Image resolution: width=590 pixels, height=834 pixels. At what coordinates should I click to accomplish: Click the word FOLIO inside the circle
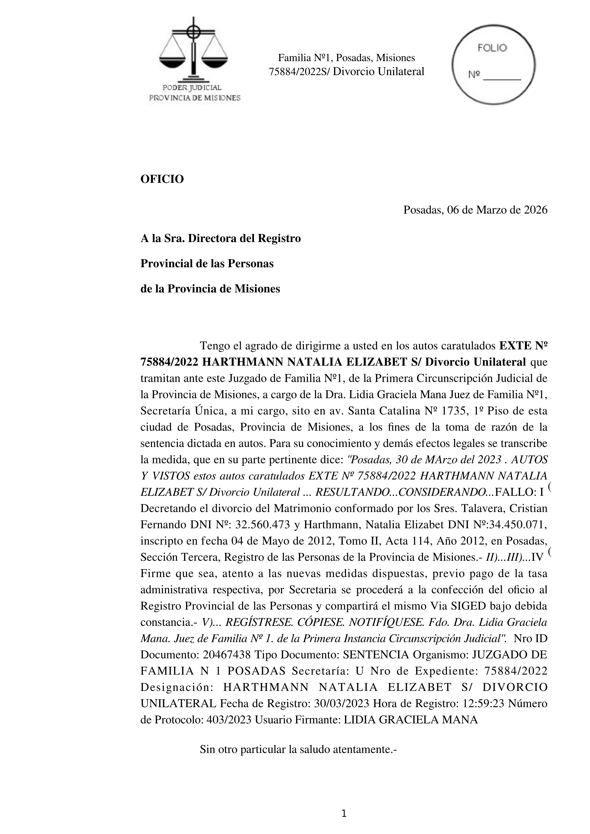[x=492, y=48]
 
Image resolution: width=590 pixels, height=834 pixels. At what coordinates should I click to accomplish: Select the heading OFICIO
[x=162, y=179]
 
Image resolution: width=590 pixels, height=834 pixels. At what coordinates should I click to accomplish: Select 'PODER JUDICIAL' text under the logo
[x=192, y=87]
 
